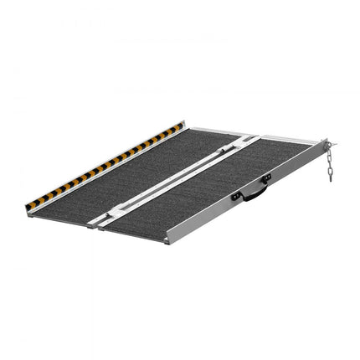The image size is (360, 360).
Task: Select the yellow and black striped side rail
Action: coord(105,165)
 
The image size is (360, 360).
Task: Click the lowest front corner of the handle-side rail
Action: coord(171,242)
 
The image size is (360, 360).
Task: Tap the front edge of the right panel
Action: coord(134,234)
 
